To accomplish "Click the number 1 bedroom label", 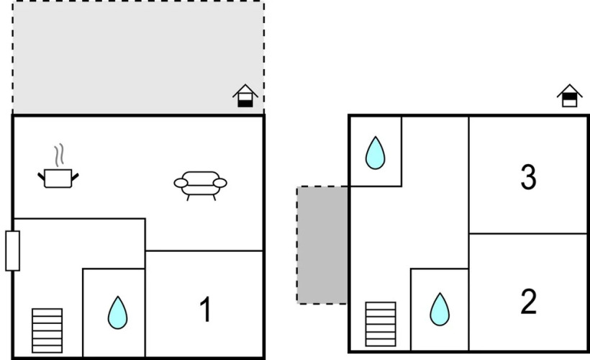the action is [x=206, y=309].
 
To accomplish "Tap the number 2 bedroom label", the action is [x=528, y=301].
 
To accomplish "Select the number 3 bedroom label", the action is [x=528, y=176].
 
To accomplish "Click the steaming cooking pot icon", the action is [x=58, y=166].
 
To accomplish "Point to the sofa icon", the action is [x=200, y=186].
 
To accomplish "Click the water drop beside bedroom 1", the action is [x=117, y=312].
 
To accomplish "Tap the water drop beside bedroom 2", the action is [x=440, y=309].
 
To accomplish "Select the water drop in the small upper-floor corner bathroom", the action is [x=375, y=153].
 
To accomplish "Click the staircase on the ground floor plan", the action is [x=47, y=330].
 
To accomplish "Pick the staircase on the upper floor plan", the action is [x=381, y=324].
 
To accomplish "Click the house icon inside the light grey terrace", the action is [x=245, y=96].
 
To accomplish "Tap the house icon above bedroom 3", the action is [x=569, y=96].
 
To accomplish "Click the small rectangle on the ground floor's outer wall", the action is [x=12, y=251].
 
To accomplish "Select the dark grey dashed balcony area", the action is [x=322, y=245].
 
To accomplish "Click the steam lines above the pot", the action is [x=59, y=155].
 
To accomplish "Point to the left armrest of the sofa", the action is [x=181, y=183].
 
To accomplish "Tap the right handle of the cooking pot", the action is [x=75, y=177].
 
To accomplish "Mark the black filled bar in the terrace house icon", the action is [x=245, y=103].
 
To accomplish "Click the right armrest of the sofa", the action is [x=219, y=183].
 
